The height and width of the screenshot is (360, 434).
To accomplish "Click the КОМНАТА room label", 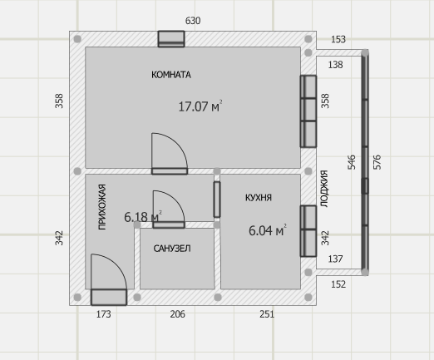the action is point(171,75).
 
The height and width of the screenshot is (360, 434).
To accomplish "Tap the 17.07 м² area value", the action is point(200,106).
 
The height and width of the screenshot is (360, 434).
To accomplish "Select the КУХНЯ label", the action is point(259,198).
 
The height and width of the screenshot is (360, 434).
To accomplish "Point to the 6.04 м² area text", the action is point(268,230).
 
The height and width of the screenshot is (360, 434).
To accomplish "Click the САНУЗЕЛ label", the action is point(172,249).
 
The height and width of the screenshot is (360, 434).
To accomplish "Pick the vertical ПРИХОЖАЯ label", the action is point(102,207).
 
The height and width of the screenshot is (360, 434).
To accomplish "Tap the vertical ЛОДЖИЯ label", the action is point(324,189).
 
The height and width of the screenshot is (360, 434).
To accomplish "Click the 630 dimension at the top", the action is point(193,21).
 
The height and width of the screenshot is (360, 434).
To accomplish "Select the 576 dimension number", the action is point(377,162).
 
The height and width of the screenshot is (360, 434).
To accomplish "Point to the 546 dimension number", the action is point(351,162).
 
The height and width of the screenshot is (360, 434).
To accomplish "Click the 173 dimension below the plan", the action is point(103,314).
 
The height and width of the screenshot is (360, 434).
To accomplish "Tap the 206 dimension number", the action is point(177,314).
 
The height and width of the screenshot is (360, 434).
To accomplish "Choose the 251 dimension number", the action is point(267,314).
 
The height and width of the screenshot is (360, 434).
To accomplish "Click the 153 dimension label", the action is point(338,39).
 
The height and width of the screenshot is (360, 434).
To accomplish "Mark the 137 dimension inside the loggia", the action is point(335,259).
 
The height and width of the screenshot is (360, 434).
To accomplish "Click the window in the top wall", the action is point(171,39).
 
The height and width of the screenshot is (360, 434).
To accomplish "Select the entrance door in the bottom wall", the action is point(109,297).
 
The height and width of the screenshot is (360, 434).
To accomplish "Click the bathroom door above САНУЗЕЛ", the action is point(169,224).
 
